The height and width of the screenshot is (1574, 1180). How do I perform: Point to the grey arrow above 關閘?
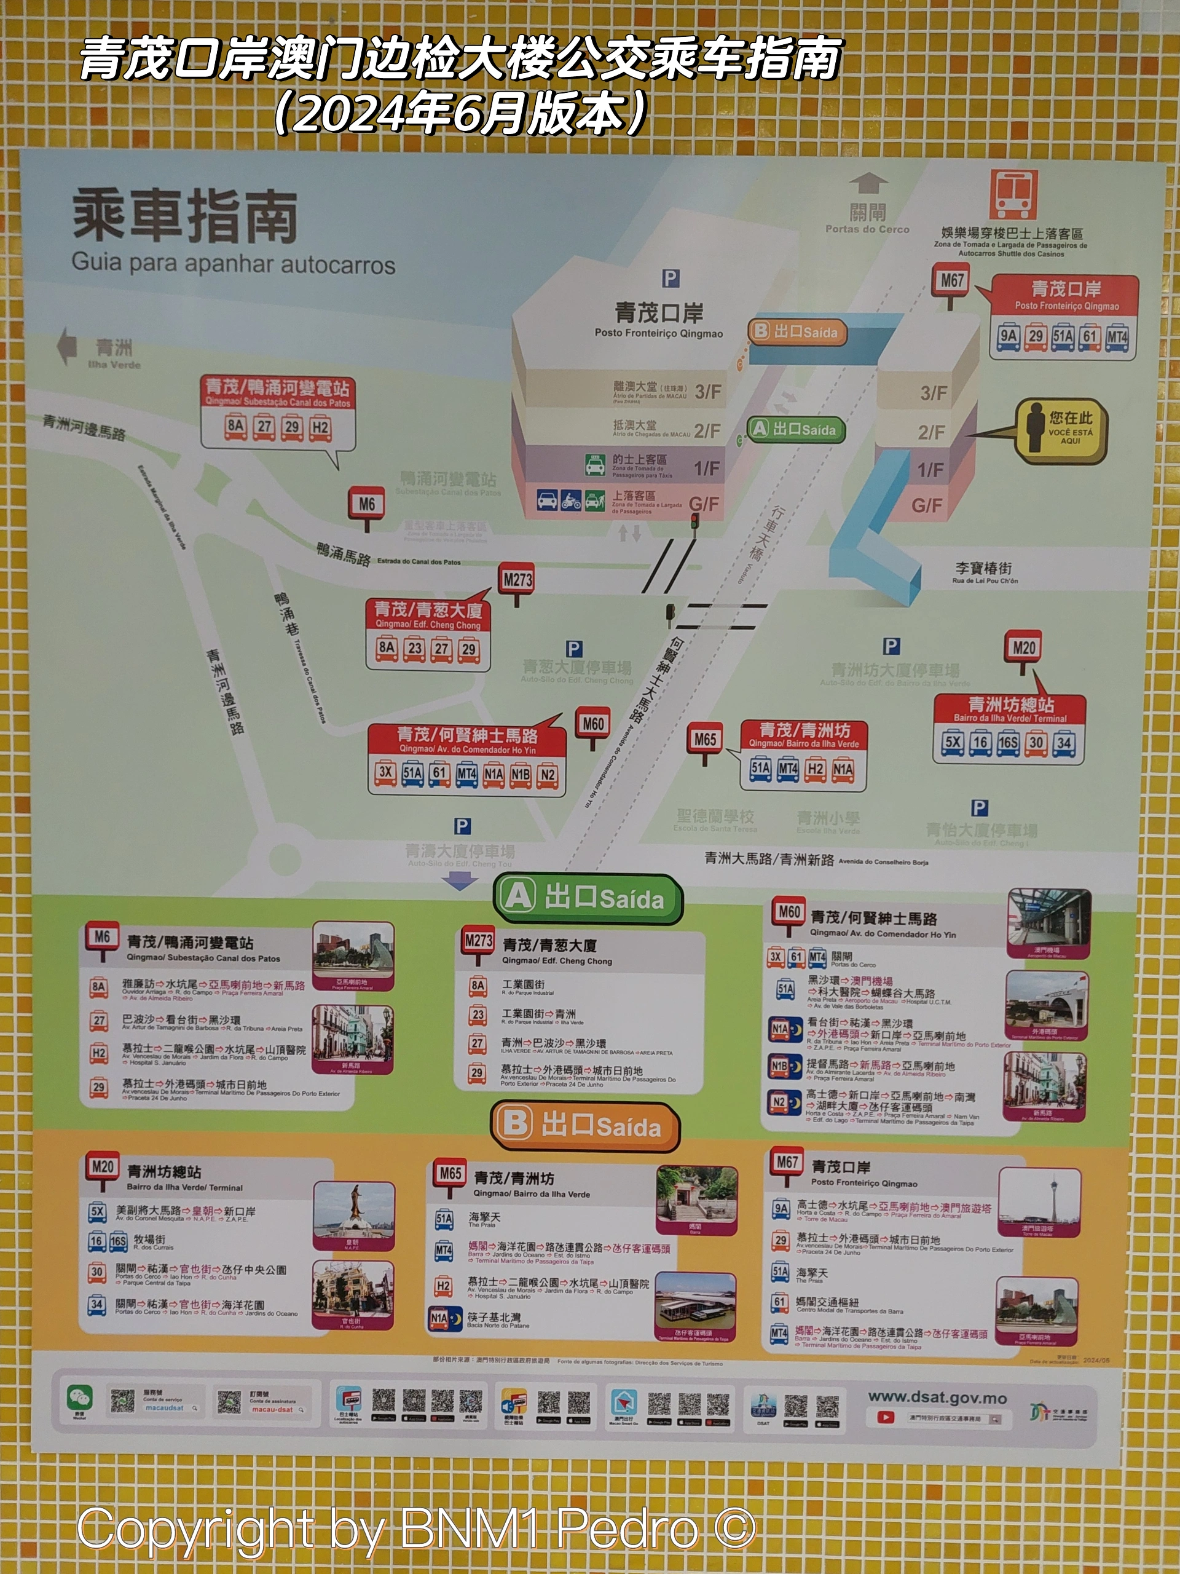pyautogui.click(x=868, y=184)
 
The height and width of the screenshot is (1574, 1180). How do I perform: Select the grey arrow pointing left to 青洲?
pyautogui.click(x=67, y=346)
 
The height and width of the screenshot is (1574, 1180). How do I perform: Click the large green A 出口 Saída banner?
pyautogui.click(x=588, y=898)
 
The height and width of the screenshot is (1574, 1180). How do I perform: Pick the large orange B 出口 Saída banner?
pyautogui.click(x=584, y=1126)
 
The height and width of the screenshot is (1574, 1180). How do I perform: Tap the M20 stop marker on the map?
pyautogui.click(x=1023, y=648)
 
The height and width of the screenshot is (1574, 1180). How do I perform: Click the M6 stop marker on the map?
pyautogui.click(x=366, y=505)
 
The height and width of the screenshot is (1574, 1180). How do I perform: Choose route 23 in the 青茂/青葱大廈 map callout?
pyautogui.click(x=415, y=648)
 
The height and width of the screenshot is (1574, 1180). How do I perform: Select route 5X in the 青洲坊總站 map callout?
pyautogui.click(x=953, y=742)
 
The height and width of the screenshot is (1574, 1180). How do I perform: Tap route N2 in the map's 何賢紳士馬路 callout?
pyautogui.click(x=547, y=774)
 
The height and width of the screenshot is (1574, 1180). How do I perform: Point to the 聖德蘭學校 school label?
pyautogui.click(x=715, y=816)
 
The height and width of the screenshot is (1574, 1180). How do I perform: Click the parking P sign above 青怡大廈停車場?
pyautogui.click(x=980, y=808)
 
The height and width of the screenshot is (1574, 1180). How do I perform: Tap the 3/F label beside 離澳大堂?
pyautogui.click(x=708, y=392)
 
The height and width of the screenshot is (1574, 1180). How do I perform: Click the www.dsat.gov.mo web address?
pyautogui.click(x=937, y=1398)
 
